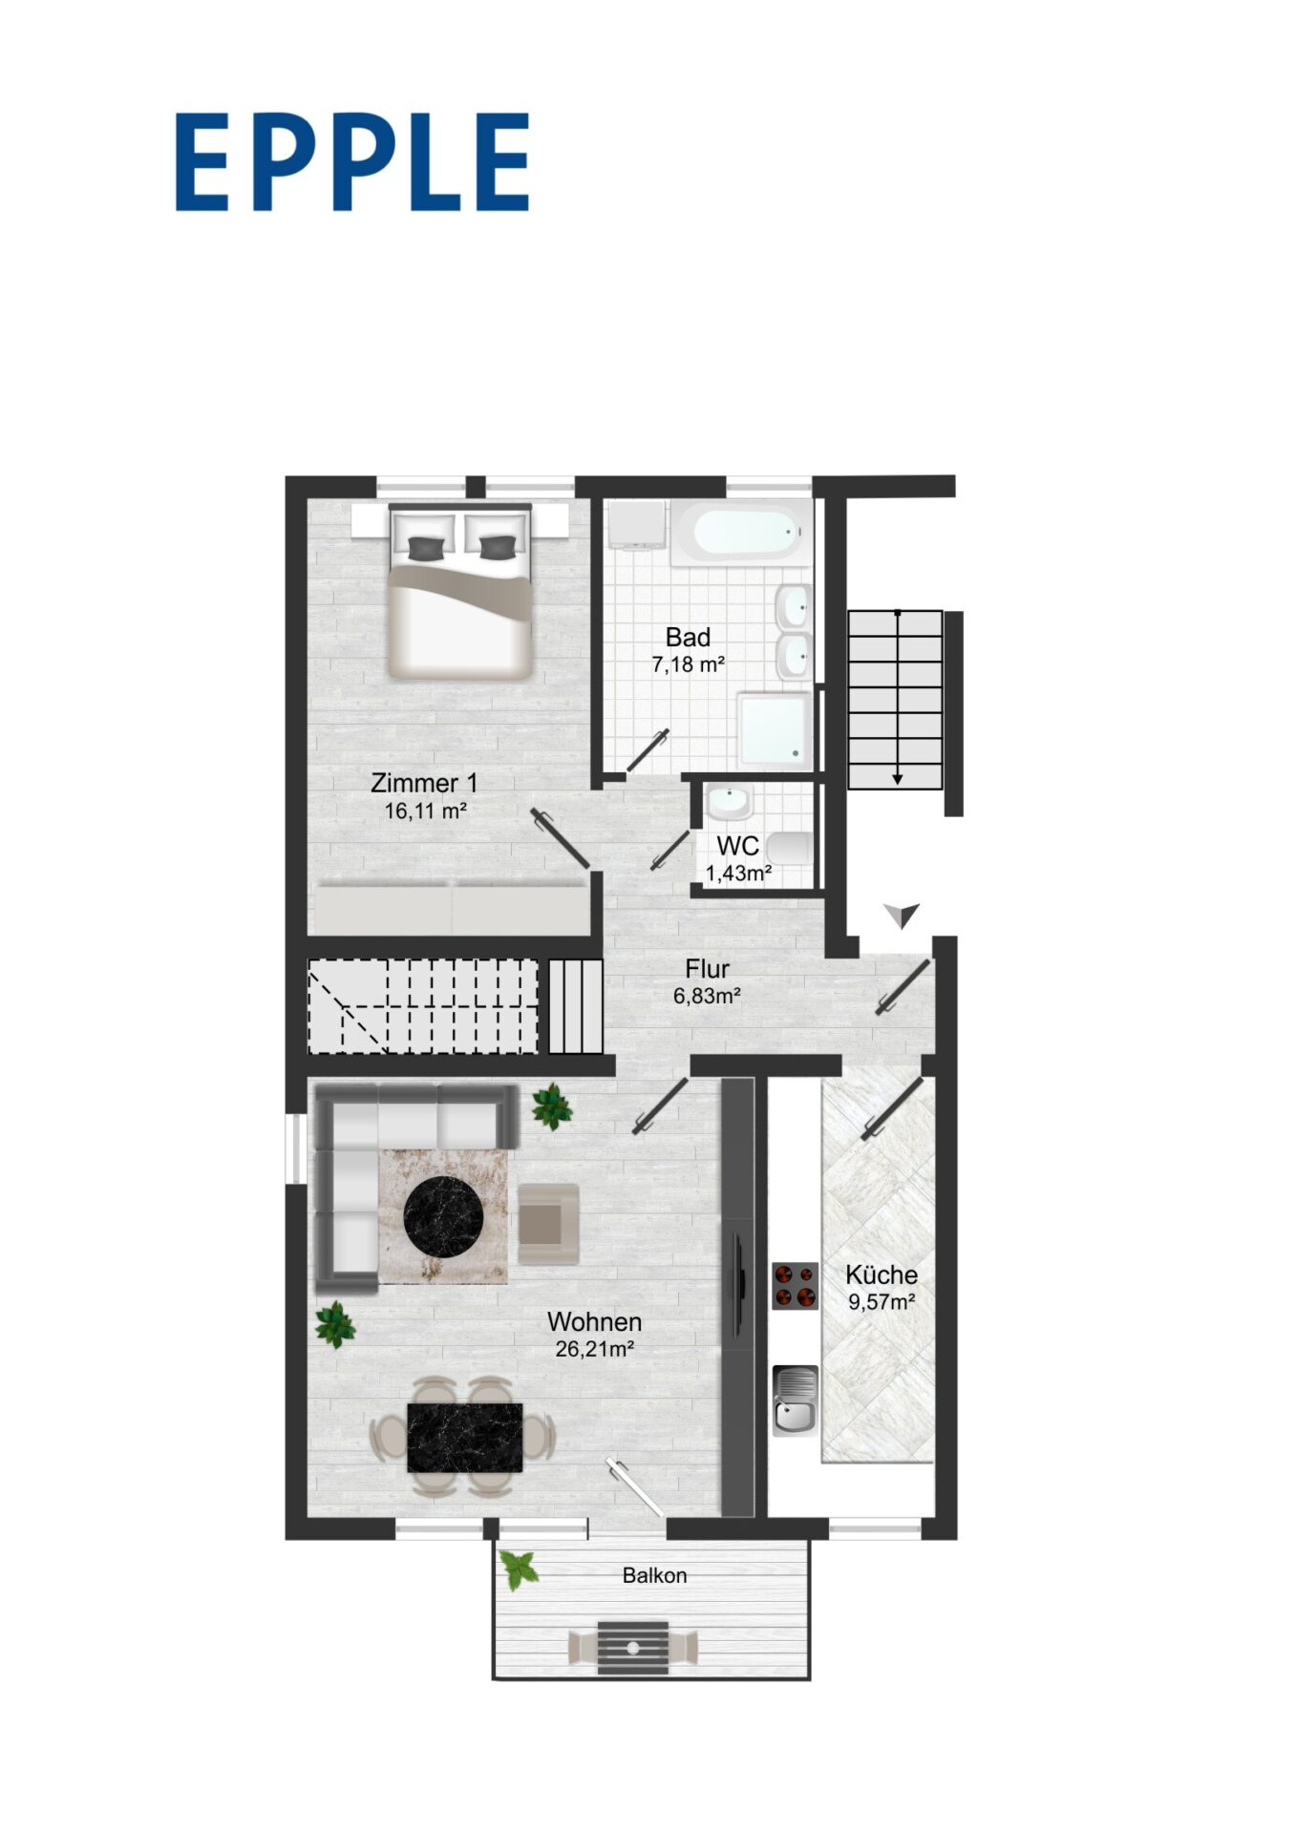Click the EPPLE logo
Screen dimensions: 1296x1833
[351, 161]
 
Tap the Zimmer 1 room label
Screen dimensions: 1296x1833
[424, 783]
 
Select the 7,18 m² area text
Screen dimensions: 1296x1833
[688, 664]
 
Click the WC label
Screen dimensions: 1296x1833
[738, 846]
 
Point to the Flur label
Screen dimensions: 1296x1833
[707, 969]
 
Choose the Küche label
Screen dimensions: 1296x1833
[882, 1275]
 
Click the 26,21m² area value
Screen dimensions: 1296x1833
[595, 1349]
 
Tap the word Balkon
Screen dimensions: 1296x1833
[654, 1575]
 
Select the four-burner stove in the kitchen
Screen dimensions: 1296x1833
[795, 1285]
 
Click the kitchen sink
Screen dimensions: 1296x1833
[795, 1401]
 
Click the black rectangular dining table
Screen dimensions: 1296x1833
[465, 1438]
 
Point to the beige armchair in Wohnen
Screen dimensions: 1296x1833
[548, 1224]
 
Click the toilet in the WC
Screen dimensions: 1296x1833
[790, 849]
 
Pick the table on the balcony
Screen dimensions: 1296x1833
[633, 1648]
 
